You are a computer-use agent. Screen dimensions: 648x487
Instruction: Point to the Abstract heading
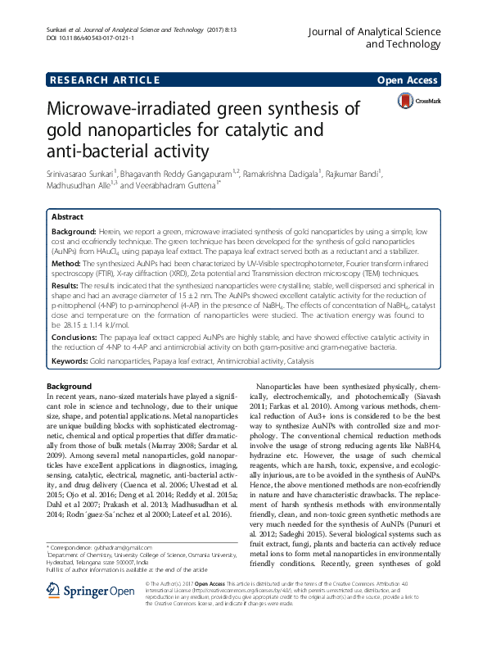point(67,217)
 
